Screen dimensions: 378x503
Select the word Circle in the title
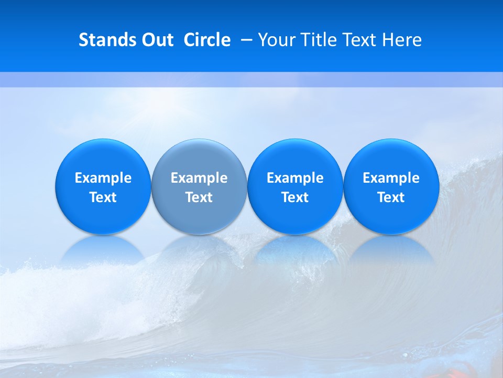(207, 40)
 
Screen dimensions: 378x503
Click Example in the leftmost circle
(103, 178)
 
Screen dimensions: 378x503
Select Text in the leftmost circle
(103, 197)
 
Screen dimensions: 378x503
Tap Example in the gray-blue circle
(199, 178)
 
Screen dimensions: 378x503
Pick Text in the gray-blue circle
(199, 197)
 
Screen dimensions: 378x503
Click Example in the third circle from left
(295, 178)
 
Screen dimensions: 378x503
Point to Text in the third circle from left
(295, 197)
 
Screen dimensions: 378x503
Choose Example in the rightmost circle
(391, 178)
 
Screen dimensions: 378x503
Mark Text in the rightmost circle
(391, 197)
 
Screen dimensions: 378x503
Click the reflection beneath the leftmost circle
(103, 249)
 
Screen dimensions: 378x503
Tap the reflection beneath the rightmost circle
(391, 249)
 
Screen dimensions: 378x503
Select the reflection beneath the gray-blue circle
(199, 249)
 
